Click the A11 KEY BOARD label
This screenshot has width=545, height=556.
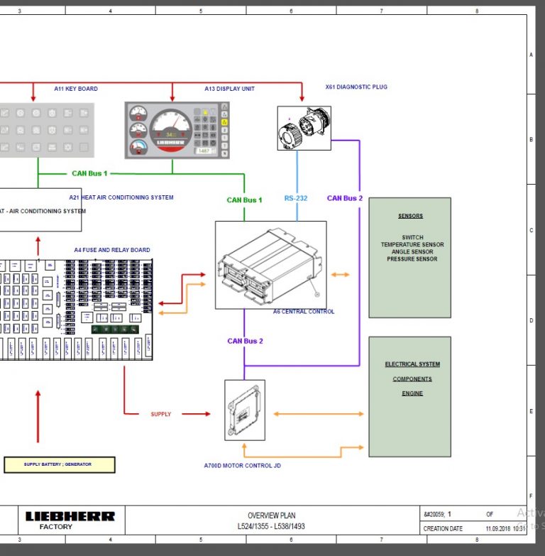point(76,89)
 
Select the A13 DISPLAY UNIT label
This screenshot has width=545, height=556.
point(229,89)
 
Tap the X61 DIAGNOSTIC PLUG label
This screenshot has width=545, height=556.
point(356,87)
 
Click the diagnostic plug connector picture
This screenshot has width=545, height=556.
point(304,128)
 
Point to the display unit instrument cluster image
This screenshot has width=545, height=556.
point(177,129)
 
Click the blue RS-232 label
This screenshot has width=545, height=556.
point(296,199)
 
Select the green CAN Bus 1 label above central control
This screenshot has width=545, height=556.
point(244,200)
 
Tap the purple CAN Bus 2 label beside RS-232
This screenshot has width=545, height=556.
point(345,199)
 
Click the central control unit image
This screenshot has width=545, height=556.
point(270,264)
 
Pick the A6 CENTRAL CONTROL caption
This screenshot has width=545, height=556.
point(304,312)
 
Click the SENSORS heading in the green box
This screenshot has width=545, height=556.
point(410,216)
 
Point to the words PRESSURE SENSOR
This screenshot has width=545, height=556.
point(412,259)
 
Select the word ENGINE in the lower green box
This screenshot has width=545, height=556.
point(412,393)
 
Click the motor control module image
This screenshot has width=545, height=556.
point(245,410)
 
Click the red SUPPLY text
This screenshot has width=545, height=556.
point(160,414)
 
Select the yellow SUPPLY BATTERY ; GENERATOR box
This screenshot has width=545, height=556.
point(59,464)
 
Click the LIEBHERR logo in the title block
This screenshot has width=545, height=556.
point(70,517)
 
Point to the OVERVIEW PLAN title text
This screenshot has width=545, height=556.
point(271,516)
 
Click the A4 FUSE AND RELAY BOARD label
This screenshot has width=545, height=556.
point(112,250)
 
